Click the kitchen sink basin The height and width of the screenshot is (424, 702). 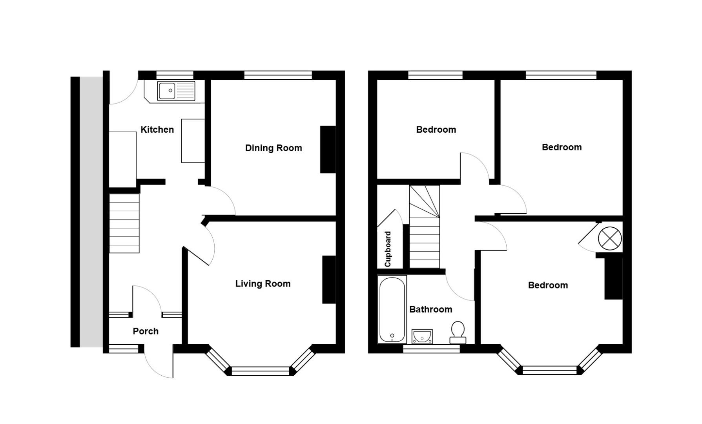[166, 91]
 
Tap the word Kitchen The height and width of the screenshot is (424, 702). [157, 130]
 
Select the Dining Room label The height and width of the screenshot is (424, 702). [274, 148]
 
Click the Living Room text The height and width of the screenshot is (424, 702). [263, 284]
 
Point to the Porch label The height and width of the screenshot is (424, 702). [146, 331]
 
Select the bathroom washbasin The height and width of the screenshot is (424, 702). [422, 336]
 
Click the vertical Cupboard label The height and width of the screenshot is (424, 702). [388, 249]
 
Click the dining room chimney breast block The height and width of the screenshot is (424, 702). [328, 149]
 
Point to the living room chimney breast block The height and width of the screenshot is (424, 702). [329, 280]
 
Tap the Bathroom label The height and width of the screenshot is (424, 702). [430, 309]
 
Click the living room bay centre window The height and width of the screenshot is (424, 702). [260, 371]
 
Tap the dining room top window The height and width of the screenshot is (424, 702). [278, 75]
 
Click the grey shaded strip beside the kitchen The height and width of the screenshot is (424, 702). [91, 212]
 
